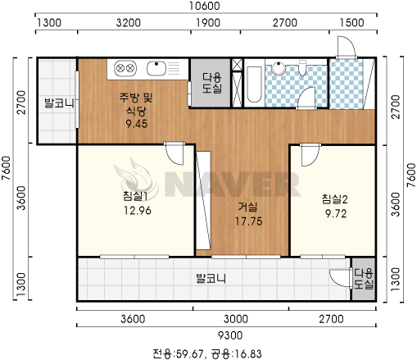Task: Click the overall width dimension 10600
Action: [205, 6]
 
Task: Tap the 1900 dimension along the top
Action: [208, 23]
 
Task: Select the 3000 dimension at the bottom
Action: [236, 319]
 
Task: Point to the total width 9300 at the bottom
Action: [230, 335]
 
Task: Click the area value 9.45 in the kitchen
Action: [137, 124]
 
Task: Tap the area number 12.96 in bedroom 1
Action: [138, 211]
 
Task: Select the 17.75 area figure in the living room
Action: [248, 221]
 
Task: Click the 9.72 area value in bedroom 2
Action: [336, 213]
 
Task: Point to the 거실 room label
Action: [247, 207]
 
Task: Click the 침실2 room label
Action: [334, 199]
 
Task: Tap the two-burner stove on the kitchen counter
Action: [125, 68]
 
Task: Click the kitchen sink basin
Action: [156, 68]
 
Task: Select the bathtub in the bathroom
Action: [254, 84]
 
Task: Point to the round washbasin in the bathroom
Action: [278, 68]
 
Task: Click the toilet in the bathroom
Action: [302, 68]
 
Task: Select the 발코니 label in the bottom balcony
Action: [211, 279]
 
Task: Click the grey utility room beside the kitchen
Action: [211, 83]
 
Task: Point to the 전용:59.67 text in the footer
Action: [178, 353]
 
